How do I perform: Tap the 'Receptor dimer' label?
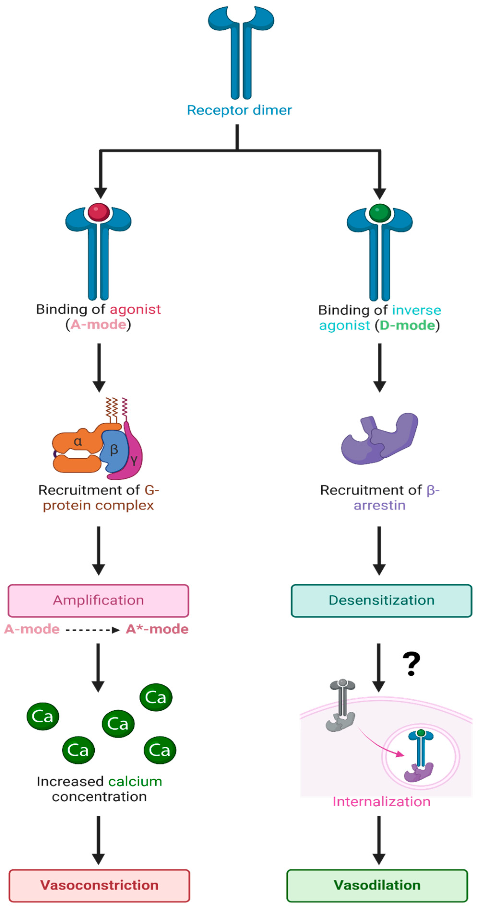[239, 110]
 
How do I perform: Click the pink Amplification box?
[98, 600]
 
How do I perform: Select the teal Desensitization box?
[381, 600]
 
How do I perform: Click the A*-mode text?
[157, 629]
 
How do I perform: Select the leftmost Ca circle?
[42, 716]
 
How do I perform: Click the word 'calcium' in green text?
[135, 781]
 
